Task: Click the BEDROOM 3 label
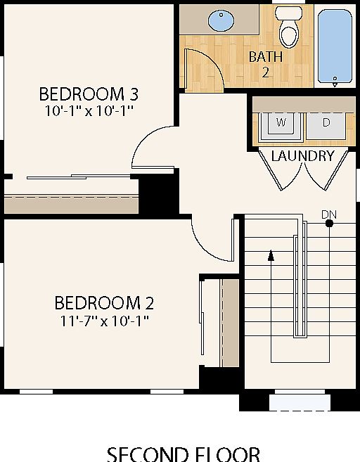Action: tap(88, 93)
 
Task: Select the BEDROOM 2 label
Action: tap(104, 303)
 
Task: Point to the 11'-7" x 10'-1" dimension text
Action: tap(104, 321)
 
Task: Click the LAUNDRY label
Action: tap(302, 156)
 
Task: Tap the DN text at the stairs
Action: tap(328, 213)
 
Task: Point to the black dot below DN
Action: tap(328, 224)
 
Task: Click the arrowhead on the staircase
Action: tap(271, 255)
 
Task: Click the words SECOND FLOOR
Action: tap(183, 454)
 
